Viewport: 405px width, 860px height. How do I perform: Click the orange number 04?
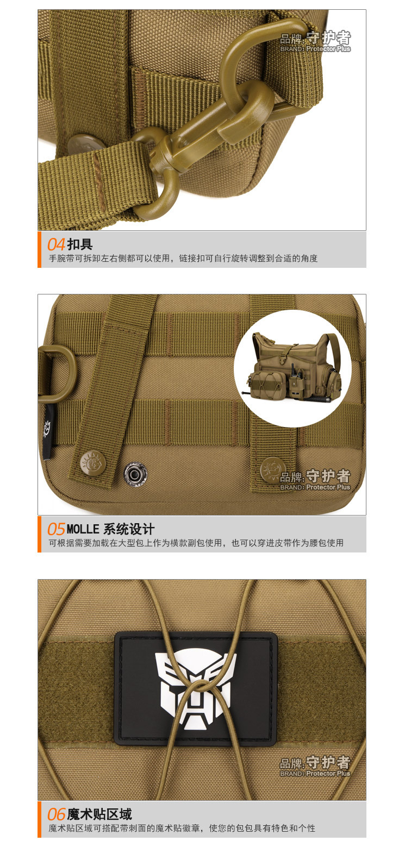(56, 244)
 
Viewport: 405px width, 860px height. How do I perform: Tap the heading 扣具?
(80, 244)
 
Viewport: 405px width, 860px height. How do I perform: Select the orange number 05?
(56, 529)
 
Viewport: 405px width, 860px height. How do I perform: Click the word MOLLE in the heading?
(83, 529)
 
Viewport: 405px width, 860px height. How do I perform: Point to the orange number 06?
(56, 814)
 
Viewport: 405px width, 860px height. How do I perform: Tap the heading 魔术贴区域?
(99, 814)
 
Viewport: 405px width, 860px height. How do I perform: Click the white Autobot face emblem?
(196, 689)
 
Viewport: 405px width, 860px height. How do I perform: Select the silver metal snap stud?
(134, 474)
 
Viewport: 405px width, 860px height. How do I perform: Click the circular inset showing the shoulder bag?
(292, 368)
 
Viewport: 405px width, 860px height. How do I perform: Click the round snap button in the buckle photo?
(88, 145)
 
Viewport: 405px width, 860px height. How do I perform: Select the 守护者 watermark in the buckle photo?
(328, 37)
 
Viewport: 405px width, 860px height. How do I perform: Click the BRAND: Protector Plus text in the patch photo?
(315, 773)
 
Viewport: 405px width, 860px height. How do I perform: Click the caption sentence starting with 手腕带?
(183, 259)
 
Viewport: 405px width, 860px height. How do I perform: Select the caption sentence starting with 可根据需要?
(196, 543)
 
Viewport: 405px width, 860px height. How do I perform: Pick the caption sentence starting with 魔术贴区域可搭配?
(182, 828)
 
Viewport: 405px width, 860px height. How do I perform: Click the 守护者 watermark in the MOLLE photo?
(328, 476)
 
